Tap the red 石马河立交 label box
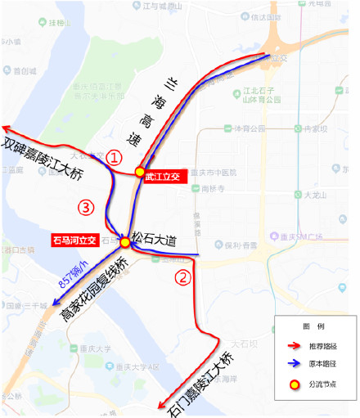tap(74, 240)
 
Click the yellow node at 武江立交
tap(139, 174)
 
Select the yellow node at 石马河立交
tap(124, 242)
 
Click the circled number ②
tap(184, 276)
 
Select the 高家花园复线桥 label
tap(96, 287)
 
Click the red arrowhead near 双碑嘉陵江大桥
tap(7, 128)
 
